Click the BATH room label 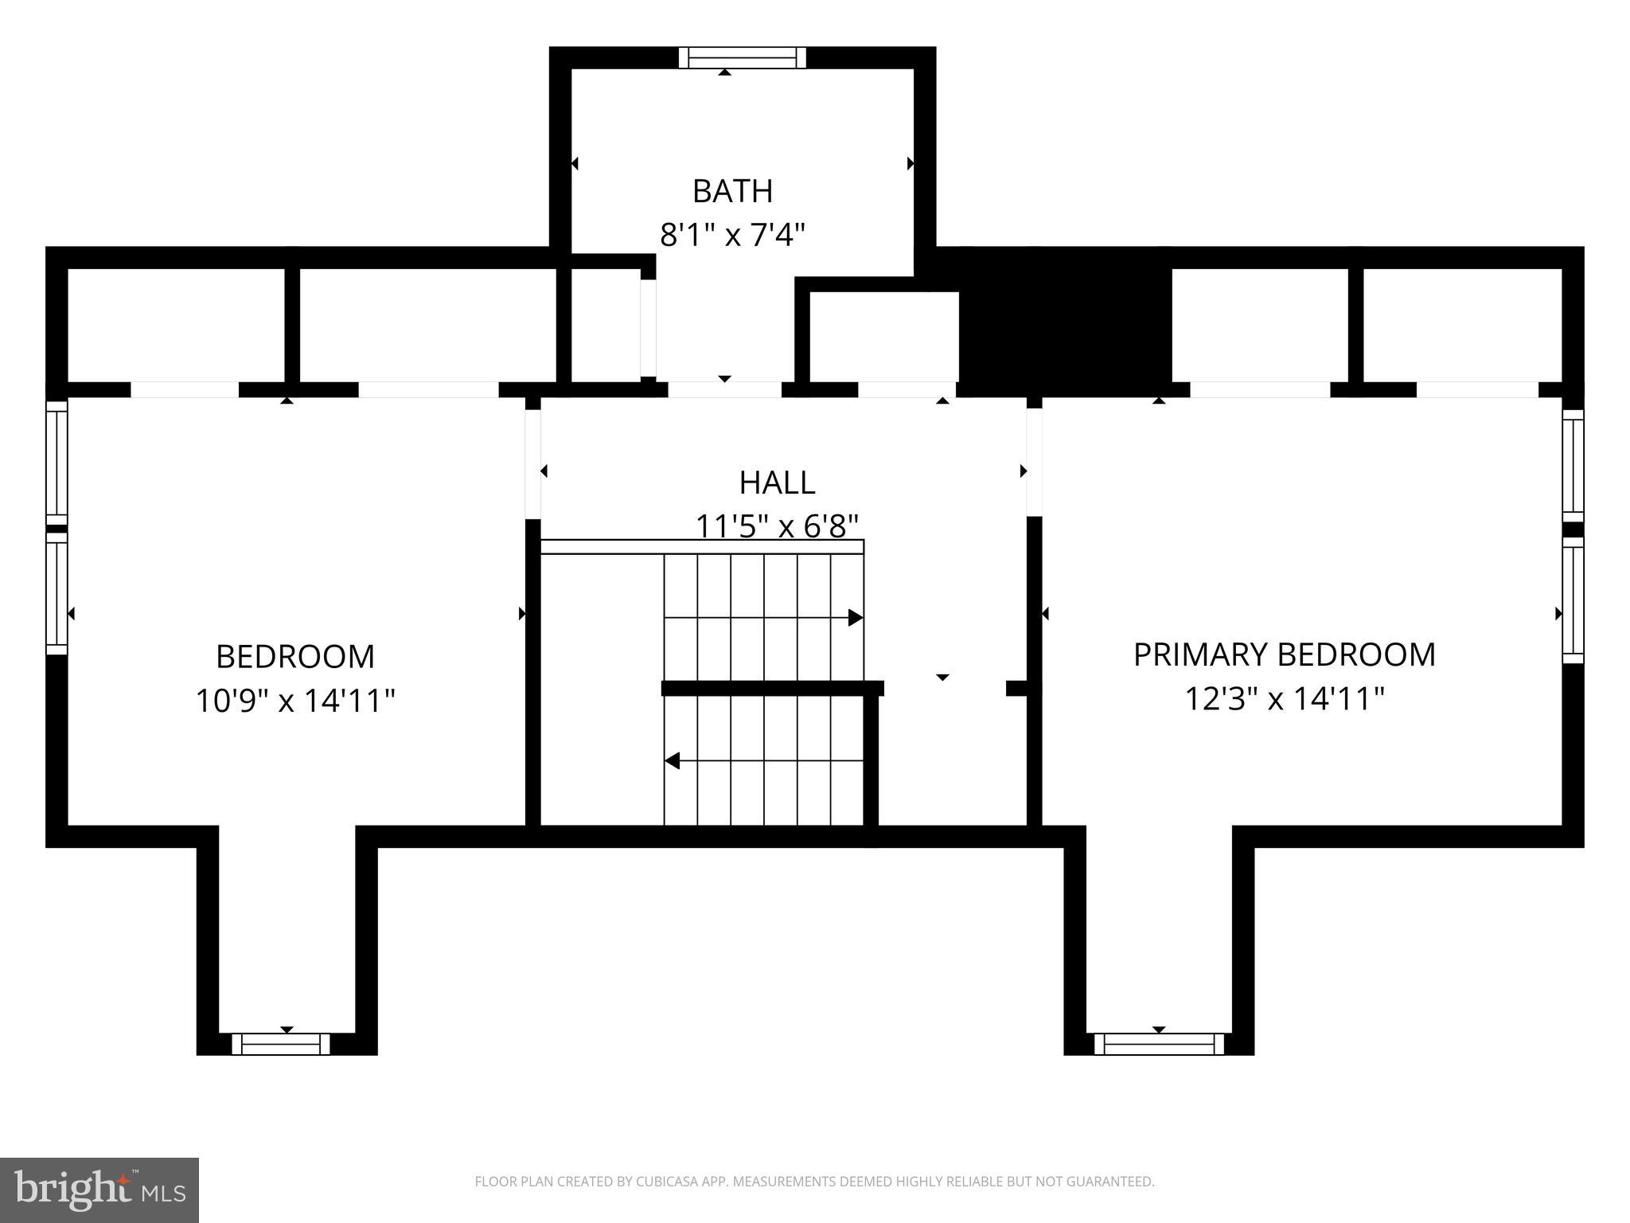coord(732,191)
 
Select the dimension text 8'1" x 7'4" coord(732,235)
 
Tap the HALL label coord(777,483)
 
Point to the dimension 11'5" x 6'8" coord(777,526)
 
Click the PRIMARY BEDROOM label coord(1284,654)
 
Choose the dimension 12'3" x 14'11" coord(1284,699)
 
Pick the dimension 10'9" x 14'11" coord(295,701)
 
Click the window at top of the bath coord(742,58)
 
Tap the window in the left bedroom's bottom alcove coord(280,1044)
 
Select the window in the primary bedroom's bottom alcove coord(1159,1044)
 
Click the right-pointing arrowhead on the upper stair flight coord(855,617)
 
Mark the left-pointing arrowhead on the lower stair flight coord(673,760)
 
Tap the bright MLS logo coord(99,1190)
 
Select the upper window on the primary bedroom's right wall coord(1573,465)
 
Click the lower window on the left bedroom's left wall coord(56,593)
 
